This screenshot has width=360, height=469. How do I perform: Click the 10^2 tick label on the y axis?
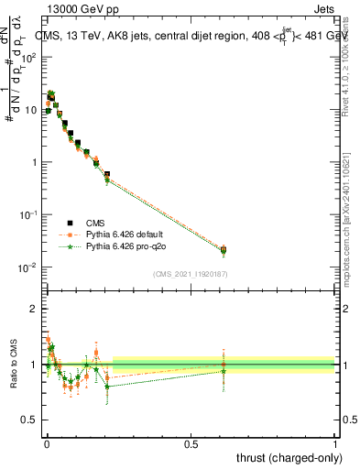click(28, 57)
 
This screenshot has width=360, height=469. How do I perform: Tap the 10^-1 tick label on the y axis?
click(28, 214)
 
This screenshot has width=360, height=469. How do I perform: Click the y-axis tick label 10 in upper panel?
click(31, 110)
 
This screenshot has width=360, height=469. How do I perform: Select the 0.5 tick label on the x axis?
click(191, 442)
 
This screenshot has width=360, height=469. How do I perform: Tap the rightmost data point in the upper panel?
click(224, 249)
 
